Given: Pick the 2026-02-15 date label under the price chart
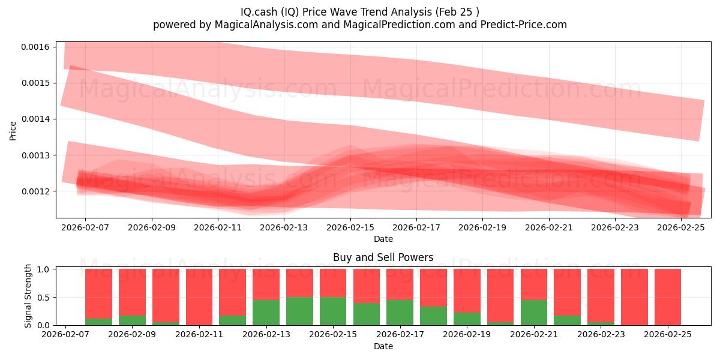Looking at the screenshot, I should tap(351, 228).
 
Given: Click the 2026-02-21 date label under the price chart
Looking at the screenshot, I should tap(550, 228).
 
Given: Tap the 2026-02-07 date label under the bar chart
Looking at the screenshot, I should tap(65, 335).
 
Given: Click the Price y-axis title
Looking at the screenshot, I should tap(13, 131).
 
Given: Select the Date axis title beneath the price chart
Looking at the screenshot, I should tap(383, 239).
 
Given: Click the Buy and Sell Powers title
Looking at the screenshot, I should tap(383, 258).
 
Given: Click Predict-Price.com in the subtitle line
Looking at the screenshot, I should tap(524, 25).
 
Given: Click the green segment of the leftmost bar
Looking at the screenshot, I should tap(98, 322).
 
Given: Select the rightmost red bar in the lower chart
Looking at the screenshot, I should tap(667, 297).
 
